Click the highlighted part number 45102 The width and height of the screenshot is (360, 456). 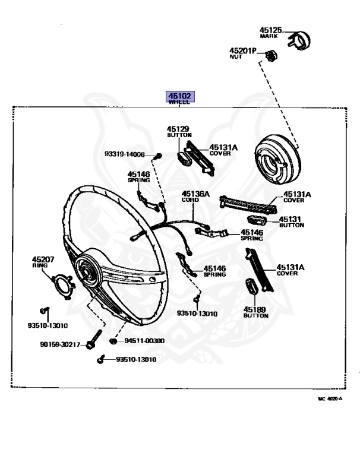(x=179, y=96)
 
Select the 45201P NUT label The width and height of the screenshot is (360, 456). (x=242, y=53)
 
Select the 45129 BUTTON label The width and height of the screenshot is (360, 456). (x=178, y=131)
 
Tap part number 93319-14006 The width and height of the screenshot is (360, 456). (x=125, y=154)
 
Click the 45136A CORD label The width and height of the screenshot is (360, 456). (x=195, y=195)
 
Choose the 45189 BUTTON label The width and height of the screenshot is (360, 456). (x=255, y=312)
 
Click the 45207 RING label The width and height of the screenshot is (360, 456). (x=43, y=262)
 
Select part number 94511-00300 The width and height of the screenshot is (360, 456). (x=144, y=341)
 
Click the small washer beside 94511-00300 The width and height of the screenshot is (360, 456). (x=113, y=343)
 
